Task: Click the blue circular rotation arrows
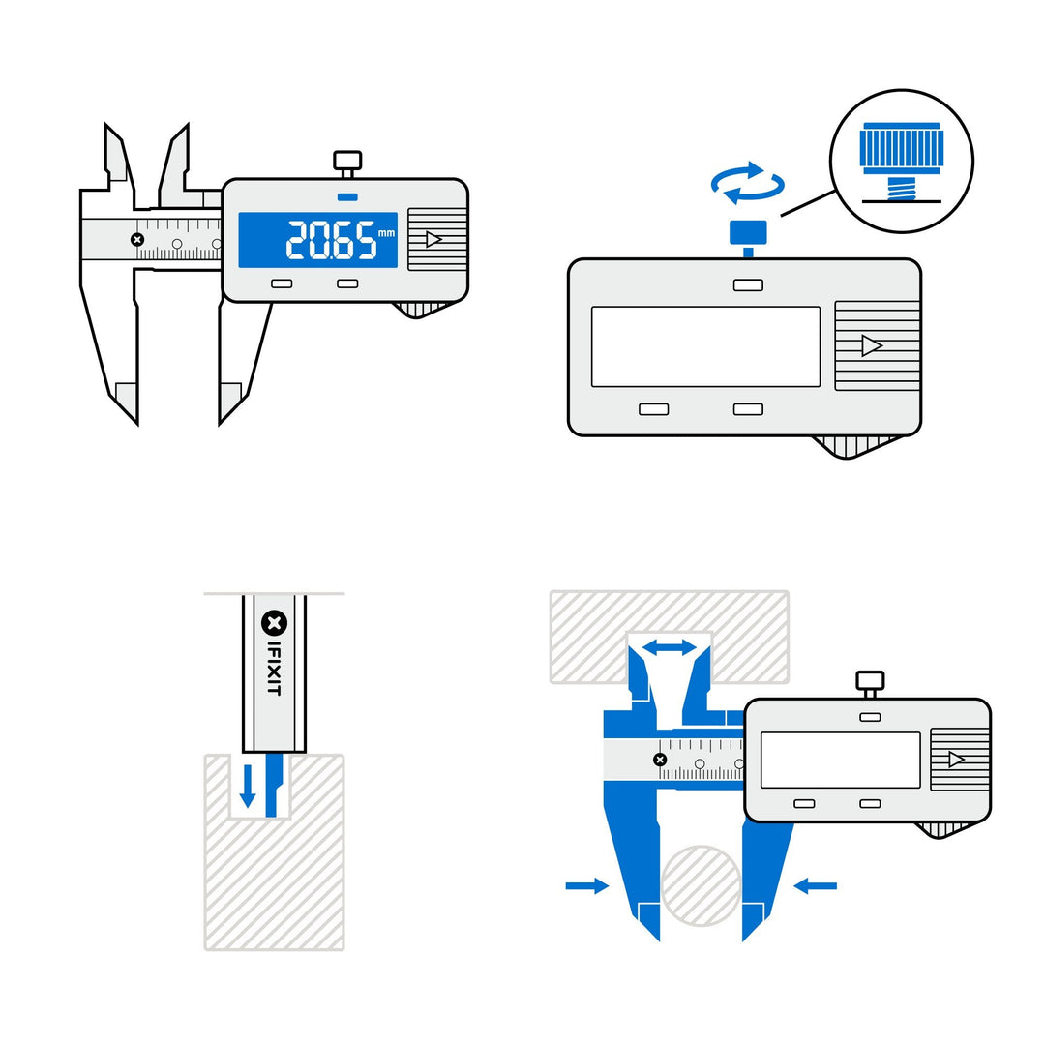[x=747, y=183]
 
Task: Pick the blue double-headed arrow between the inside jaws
[x=671, y=647]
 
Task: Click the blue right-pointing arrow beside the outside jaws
[x=586, y=885]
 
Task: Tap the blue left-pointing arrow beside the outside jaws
[x=815, y=884]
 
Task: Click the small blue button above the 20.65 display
[x=346, y=197]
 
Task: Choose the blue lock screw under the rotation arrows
[x=748, y=233]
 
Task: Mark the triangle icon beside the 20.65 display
[x=433, y=239]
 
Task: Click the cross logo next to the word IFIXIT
[x=274, y=622]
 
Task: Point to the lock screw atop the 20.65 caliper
[x=346, y=162]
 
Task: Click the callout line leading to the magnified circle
[x=808, y=202]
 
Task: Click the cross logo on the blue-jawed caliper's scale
[x=660, y=760]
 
